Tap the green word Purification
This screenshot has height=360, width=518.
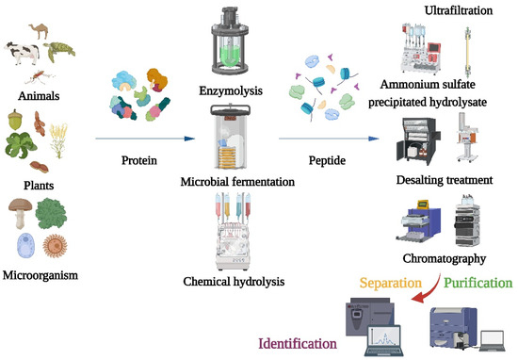[478, 282]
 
